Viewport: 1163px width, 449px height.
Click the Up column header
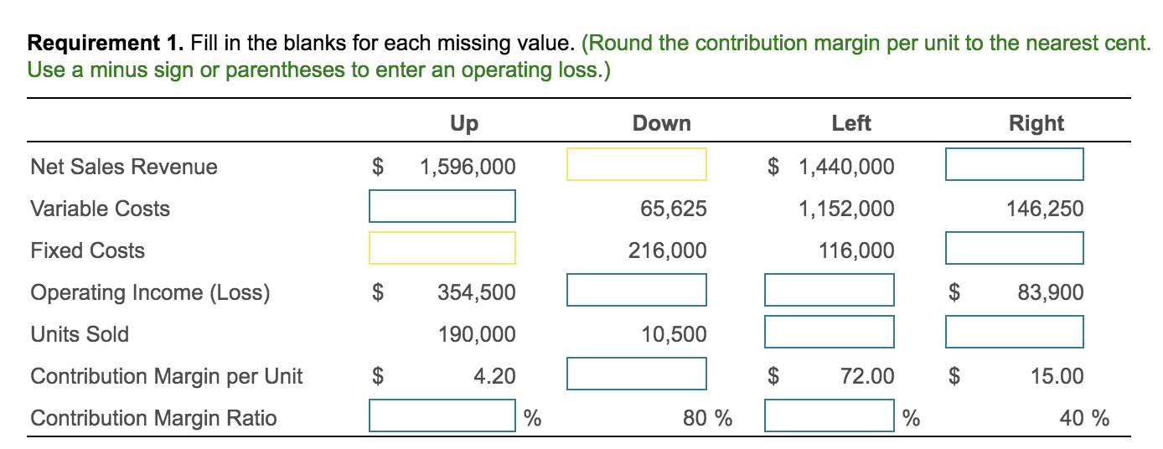(463, 124)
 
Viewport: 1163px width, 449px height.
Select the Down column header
(661, 124)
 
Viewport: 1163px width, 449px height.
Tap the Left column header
(850, 124)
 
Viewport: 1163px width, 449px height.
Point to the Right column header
(1036, 124)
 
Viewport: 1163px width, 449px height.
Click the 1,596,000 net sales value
(468, 167)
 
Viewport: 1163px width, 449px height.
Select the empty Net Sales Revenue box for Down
(637, 164)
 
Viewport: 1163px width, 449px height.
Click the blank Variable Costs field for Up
(442, 206)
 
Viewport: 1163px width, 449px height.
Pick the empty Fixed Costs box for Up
(442, 248)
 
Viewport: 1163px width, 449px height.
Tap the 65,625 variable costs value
(674, 209)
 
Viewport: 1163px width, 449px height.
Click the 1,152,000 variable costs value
(846, 209)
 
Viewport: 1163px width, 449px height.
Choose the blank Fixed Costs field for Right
(1015, 248)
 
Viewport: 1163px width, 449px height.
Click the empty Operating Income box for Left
(830, 290)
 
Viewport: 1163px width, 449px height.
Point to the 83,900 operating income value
(1050, 292)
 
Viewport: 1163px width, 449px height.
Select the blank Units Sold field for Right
(1015, 332)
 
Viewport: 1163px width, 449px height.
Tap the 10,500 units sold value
(674, 334)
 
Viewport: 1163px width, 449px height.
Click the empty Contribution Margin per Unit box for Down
(637, 374)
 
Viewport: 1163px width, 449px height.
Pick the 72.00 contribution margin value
(869, 376)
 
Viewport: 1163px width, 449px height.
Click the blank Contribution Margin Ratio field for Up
(442, 415)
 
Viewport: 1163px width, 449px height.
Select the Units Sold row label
(80, 334)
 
